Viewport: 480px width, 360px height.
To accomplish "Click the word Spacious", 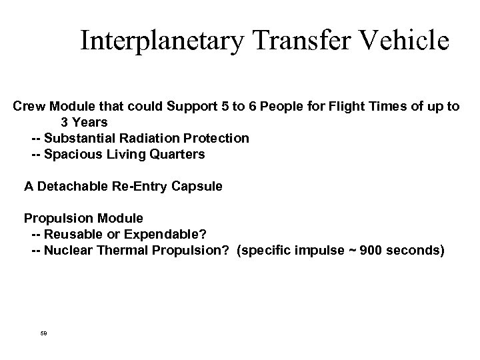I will (x=72, y=155).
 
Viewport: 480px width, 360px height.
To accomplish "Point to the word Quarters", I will (x=178, y=155).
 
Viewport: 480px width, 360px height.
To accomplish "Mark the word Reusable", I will (x=73, y=235).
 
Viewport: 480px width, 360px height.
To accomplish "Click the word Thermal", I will (x=118, y=251).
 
